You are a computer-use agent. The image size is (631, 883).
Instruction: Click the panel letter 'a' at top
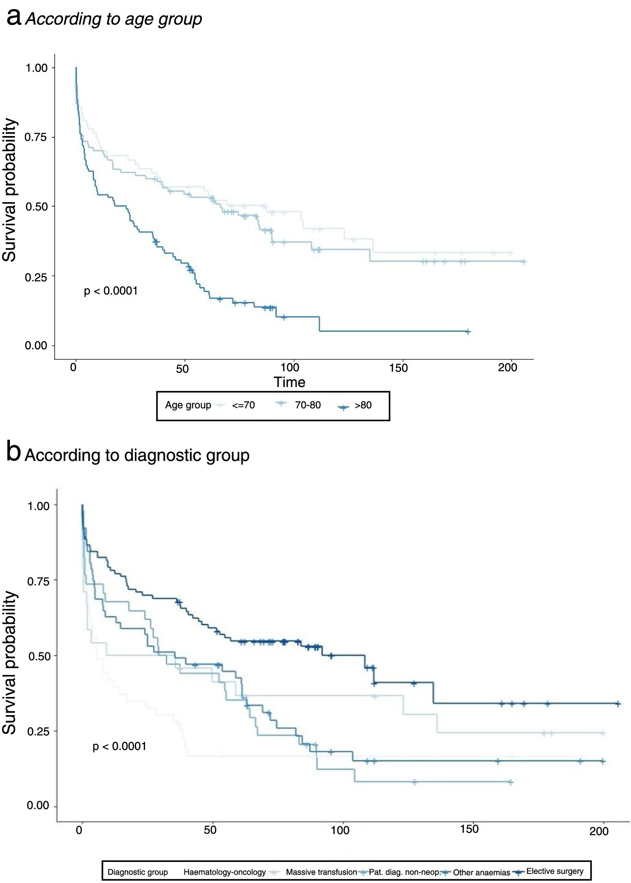(14, 18)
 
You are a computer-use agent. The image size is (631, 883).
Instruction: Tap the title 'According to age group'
(114, 19)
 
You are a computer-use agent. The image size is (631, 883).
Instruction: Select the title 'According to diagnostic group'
(137, 455)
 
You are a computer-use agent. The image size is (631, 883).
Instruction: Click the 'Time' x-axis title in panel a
(289, 382)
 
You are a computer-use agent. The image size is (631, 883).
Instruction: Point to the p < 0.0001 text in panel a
(110, 291)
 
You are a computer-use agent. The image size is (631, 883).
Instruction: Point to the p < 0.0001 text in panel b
(120, 746)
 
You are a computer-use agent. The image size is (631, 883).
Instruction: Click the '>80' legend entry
(363, 405)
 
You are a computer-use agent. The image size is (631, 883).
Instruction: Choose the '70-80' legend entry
(308, 405)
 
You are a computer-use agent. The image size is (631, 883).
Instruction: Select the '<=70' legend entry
(243, 405)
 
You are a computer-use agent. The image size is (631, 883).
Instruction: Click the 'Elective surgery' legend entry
(555, 871)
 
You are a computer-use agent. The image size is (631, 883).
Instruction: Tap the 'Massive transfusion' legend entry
(321, 872)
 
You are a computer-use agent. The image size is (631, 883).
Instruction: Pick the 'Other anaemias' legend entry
(481, 873)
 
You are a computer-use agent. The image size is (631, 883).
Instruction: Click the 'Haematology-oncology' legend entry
(225, 872)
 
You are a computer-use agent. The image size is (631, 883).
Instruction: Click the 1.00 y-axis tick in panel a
(37, 68)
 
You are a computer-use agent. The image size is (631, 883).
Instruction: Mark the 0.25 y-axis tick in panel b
(38, 731)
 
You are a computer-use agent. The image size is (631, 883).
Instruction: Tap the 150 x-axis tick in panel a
(398, 368)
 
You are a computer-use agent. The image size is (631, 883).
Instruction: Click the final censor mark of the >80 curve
(468, 332)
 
